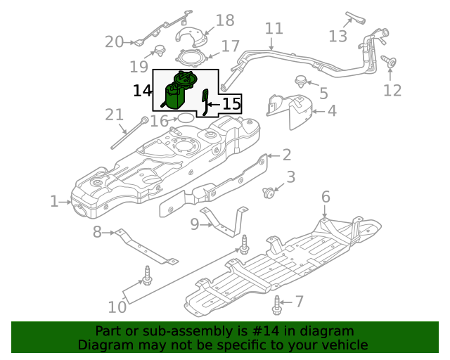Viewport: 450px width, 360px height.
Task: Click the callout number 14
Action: pyautogui.click(x=142, y=91)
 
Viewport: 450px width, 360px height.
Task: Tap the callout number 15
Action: pyautogui.click(x=231, y=104)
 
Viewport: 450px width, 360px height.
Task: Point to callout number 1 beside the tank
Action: pyautogui.click(x=54, y=202)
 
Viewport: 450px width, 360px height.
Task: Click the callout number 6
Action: pyautogui.click(x=326, y=196)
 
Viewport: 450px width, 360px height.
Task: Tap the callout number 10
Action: pyautogui.click(x=117, y=307)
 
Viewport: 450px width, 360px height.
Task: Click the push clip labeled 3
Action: pyautogui.click(x=268, y=191)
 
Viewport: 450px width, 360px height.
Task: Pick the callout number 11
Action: pyautogui.click(x=274, y=29)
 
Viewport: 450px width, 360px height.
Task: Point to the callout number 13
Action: pyautogui.click(x=338, y=35)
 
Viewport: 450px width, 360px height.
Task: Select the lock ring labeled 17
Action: pyautogui.click(x=192, y=57)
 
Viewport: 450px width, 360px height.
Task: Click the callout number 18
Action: pyautogui.click(x=225, y=20)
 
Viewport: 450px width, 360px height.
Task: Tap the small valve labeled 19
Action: pyautogui.click(x=158, y=50)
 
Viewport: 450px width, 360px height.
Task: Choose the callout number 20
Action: pyautogui.click(x=114, y=42)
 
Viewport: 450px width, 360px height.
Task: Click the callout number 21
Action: pyautogui.click(x=114, y=115)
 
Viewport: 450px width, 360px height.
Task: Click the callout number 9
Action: pyautogui.click(x=195, y=224)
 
